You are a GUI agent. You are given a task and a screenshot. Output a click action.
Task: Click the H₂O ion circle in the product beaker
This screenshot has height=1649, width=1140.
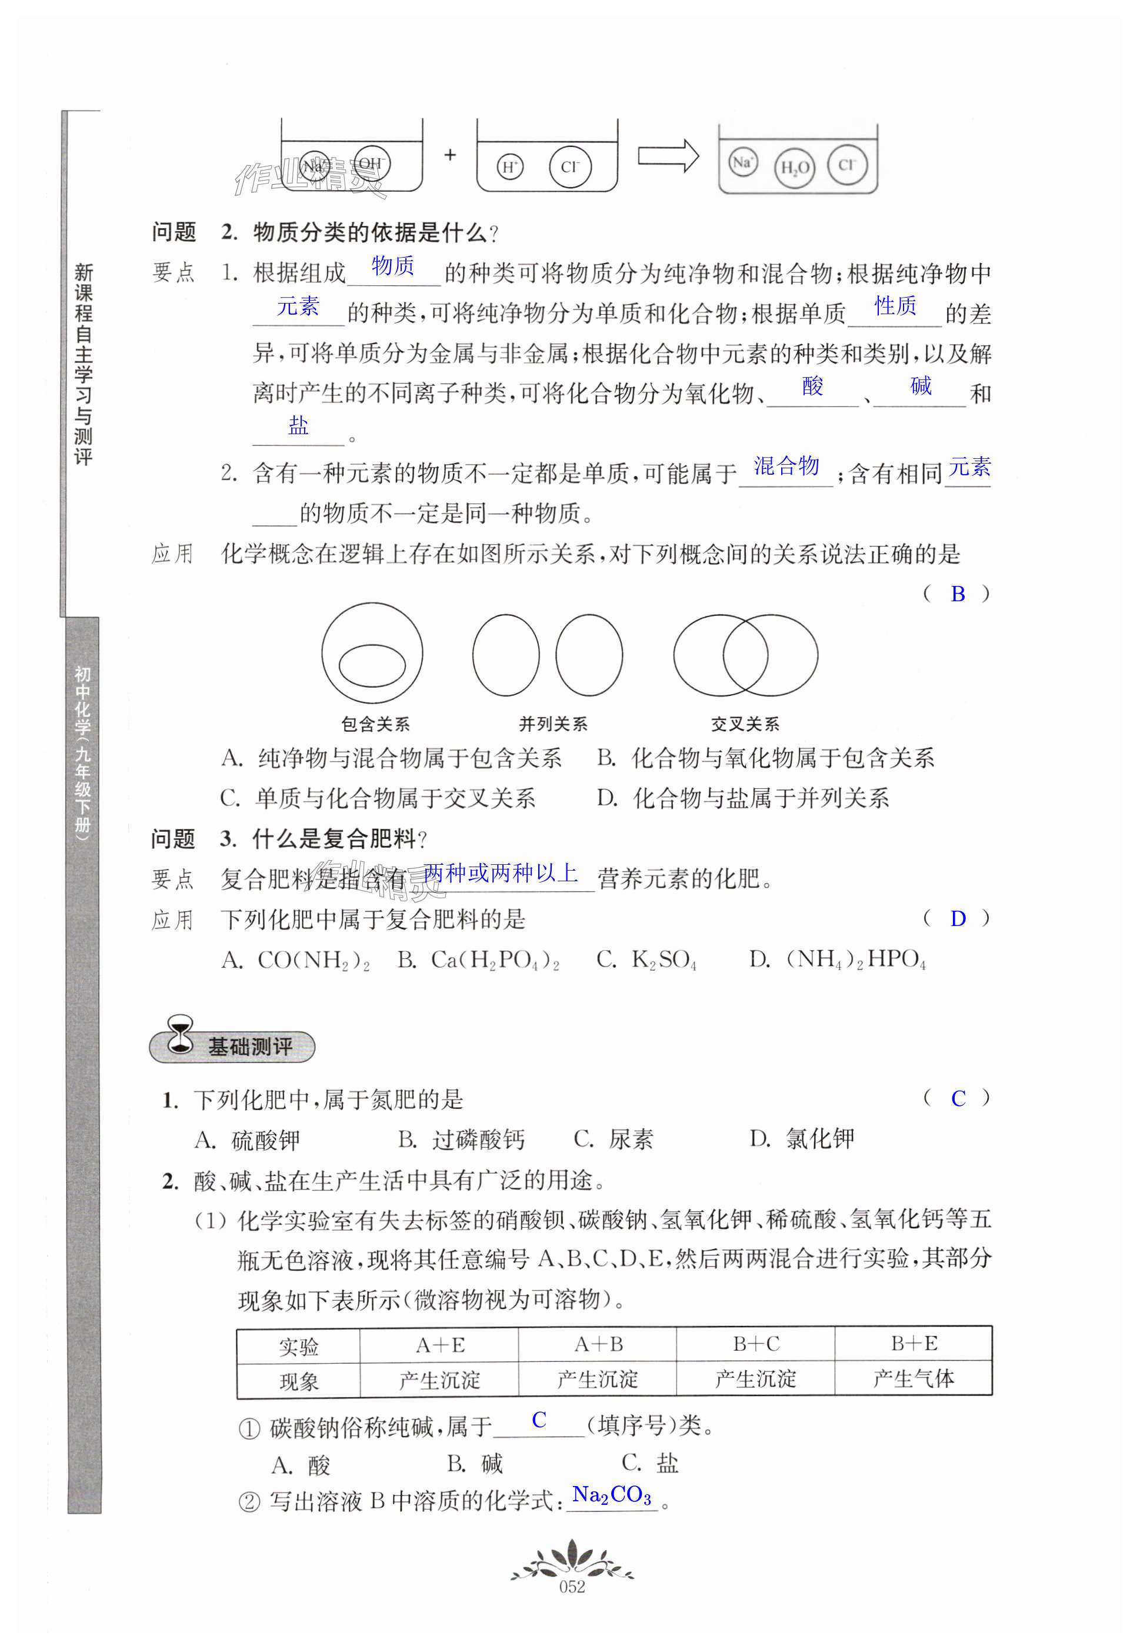[794, 168]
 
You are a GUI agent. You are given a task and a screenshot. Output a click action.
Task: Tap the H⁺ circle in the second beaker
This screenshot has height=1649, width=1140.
[510, 167]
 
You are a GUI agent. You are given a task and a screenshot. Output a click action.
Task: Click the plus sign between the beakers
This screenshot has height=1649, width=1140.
[450, 154]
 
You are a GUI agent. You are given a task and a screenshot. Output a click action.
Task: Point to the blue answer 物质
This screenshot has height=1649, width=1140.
[393, 266]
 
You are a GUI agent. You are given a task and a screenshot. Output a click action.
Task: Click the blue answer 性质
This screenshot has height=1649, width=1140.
[895, 306]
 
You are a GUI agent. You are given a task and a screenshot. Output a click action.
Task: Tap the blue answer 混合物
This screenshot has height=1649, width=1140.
[786, 467]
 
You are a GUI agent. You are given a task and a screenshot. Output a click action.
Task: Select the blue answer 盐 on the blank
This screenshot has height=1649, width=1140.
[299, 427]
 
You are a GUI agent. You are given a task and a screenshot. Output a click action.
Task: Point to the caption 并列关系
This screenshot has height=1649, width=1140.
[553, 724]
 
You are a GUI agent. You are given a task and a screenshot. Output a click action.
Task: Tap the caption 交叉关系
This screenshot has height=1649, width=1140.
[745, 724]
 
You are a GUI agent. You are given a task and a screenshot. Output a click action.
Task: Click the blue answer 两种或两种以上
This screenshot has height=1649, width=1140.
[500, 872]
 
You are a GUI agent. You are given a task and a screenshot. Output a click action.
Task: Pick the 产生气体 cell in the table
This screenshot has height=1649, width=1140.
[914, 1378]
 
